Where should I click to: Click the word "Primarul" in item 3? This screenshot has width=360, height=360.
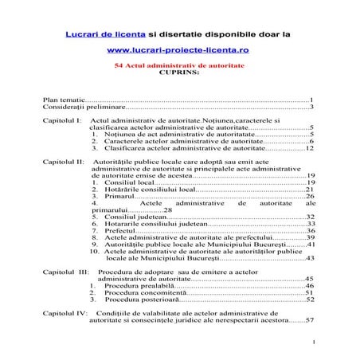120,197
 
